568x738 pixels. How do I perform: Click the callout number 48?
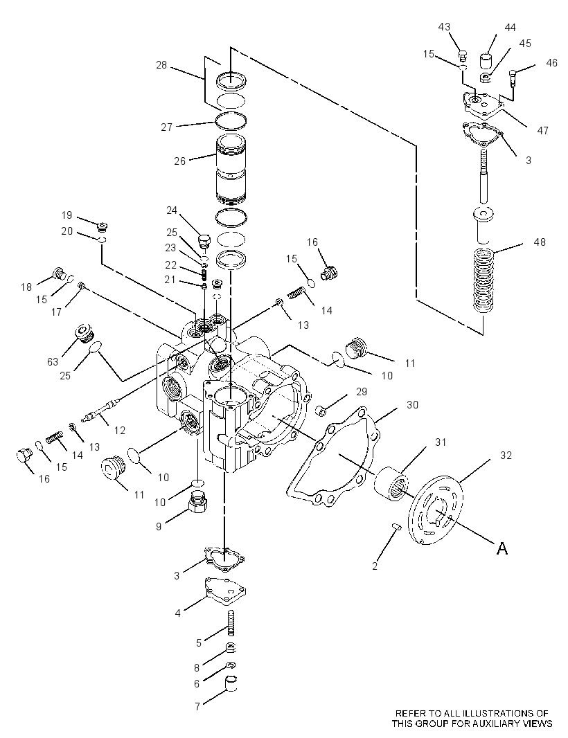coord(540,242)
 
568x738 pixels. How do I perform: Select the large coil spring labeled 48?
coord(484,280)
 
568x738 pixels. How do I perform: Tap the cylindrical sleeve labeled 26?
coord(231,170)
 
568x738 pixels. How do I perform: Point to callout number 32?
coord(506,455)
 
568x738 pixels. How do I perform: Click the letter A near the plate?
coord(502,548)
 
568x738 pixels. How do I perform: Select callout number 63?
coord(52,361)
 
